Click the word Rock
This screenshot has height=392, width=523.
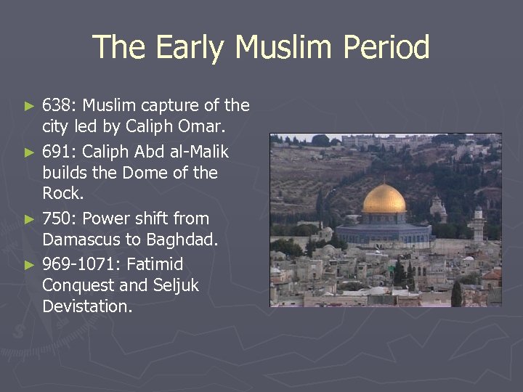point(63,194)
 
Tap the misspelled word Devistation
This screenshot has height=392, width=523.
point(87,306)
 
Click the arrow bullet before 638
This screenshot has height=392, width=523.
point(29,107)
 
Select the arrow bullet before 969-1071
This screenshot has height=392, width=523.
point(29,264)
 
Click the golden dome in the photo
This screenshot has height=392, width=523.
point(384,200)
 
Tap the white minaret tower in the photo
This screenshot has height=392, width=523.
point(477,225)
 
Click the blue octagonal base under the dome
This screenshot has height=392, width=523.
point(384,233)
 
